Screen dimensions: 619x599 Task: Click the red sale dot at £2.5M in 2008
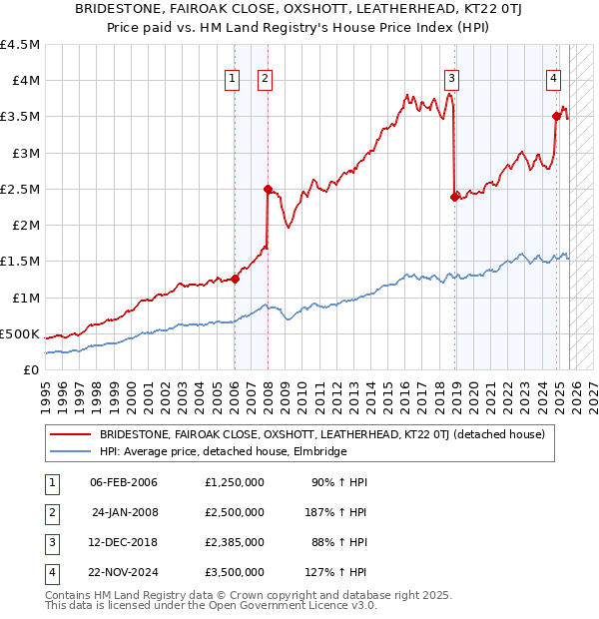pyautogui.click(x=268, y=189)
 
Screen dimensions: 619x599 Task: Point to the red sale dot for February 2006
pyautogui.click(x=235, y=279)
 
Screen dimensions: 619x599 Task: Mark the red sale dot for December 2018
pyautogui.click(x=454, y=197)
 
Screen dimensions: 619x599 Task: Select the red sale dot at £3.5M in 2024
pyautogui.click(x=556, y=116)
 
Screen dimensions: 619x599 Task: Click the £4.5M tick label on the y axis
pyautogui.click(x=20, y=45)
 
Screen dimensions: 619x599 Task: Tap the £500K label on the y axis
pyautogui.click(x=20, y=333)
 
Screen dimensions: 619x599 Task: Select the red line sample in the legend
pyautogui.click(x=71, y=435)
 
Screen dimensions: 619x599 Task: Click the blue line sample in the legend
pyautogui.click(x=71, y=452)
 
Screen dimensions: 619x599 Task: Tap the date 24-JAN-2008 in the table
pyautogui.click(x=125, y=512)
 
